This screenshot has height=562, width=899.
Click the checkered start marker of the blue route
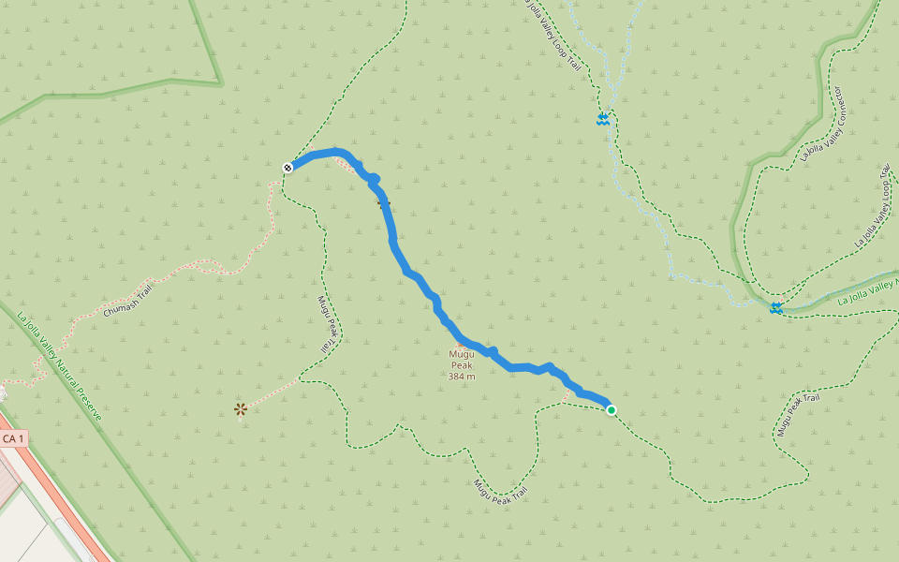(x=287, y=167)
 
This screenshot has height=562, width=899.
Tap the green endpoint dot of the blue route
(x=612, y=409)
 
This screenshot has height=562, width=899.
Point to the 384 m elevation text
(x=462, y=377)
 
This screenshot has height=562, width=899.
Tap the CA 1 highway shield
(x=13, y=438)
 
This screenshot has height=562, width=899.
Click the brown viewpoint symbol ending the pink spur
(x=241, y=408)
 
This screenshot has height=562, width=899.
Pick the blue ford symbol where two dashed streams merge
(x=604, y=120)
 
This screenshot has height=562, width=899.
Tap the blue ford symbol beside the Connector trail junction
(x=776, y=307)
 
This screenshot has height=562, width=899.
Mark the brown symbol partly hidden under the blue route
(x=382, y=201)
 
